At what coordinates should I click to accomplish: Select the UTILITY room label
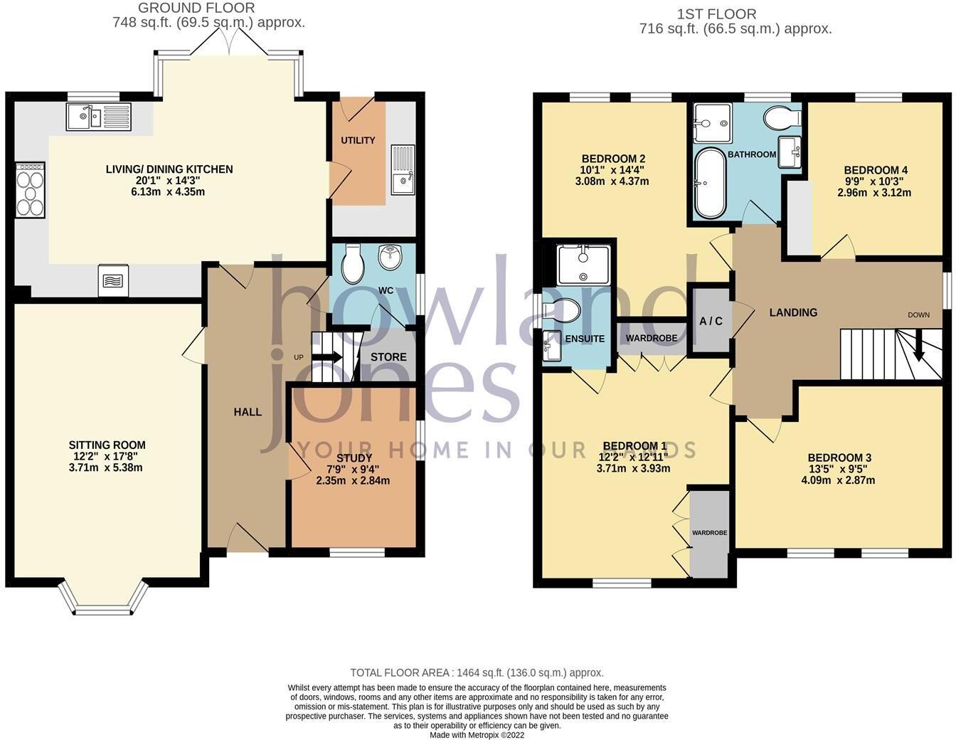click(x=358, y=140)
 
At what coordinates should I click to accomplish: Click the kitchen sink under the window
click(x=98, y=117)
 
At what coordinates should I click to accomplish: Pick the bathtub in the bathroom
click(x=708, y=183)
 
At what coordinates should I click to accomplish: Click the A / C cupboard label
click(x=711, y=322)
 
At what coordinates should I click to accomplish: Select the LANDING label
click(x=793, y=312)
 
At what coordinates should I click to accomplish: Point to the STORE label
click(x=388, y=357)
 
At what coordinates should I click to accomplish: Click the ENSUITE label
click(x=585, y=339)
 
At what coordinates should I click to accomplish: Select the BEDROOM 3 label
click(x=839, y=458)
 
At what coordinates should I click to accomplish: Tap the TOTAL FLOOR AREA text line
click(x=477, y=672)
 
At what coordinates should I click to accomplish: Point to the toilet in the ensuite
click(x=563, y=311)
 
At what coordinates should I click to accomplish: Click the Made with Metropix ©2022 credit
click(x=477, y=735)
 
